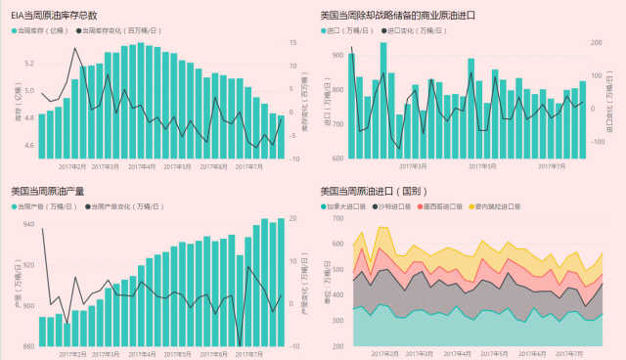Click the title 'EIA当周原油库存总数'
(x=54, y=16)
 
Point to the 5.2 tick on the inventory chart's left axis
(x=28, y=64)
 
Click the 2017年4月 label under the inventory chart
(x=142, y=167)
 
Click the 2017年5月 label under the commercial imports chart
(x=483, y=167)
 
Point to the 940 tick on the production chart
(x=27, y=224)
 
